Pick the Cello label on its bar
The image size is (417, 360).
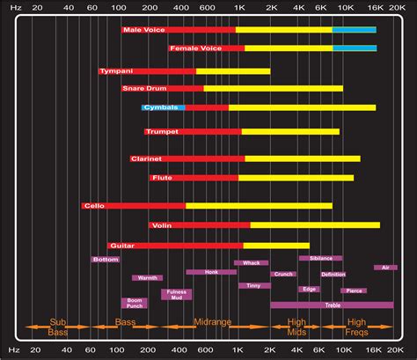93,206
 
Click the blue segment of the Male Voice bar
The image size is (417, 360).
354,29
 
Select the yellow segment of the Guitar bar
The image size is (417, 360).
275,246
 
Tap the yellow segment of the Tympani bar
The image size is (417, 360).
232,70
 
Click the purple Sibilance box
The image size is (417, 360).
320,258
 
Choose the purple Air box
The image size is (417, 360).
385,268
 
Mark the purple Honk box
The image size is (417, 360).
211,272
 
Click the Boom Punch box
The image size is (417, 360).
135,302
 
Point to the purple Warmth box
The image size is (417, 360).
147,278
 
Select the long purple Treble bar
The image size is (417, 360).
332,305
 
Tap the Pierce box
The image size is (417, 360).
354,290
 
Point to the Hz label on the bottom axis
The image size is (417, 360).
12,351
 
